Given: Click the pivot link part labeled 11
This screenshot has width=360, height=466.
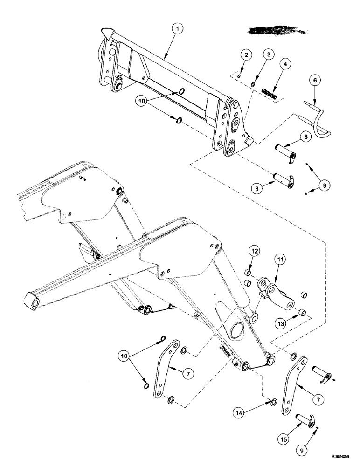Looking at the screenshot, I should [x=278, y=294].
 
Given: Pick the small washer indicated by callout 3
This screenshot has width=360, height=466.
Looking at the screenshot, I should [x=253, y=84].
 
